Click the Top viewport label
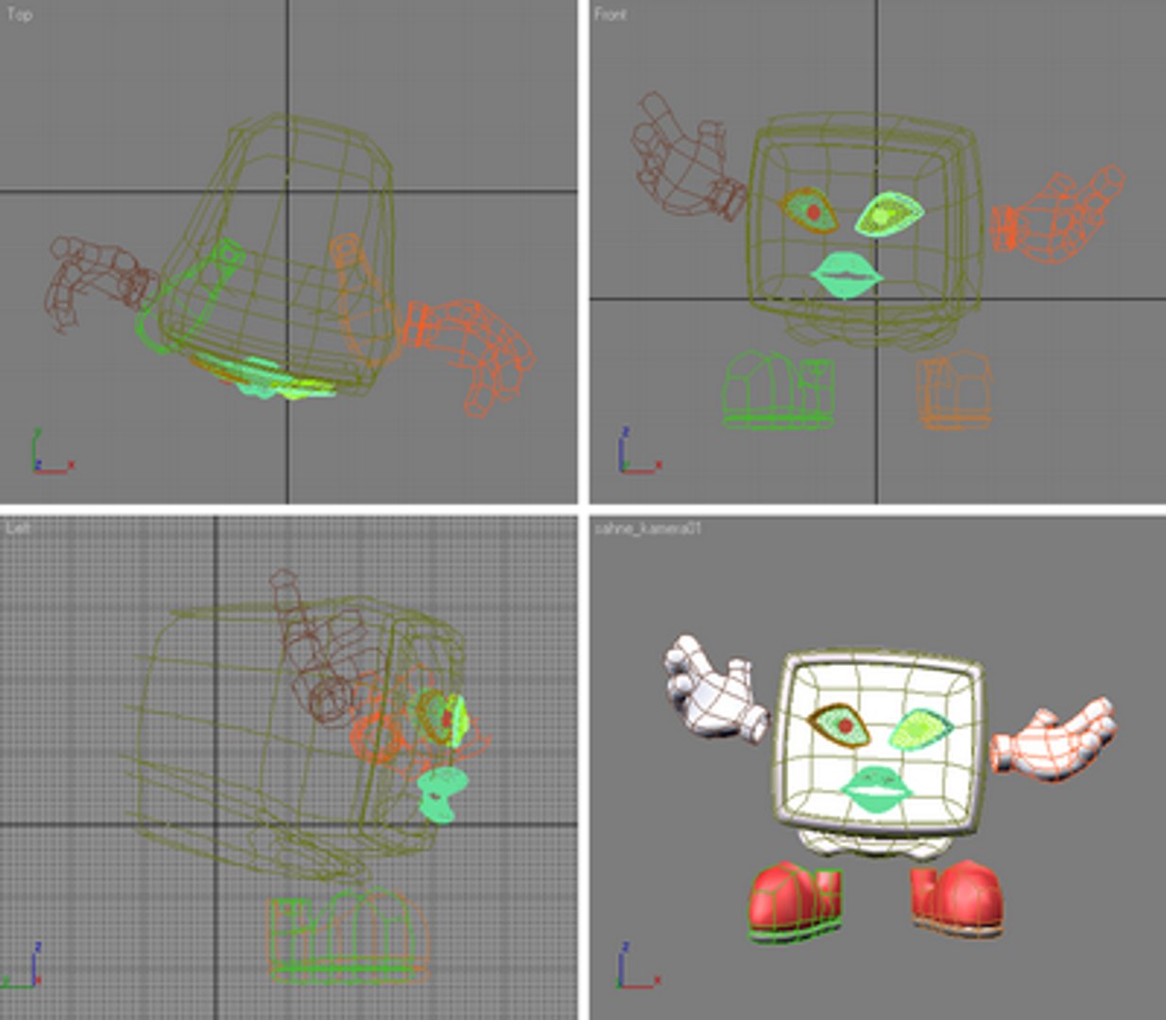(19, 14)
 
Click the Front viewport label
(610, 14)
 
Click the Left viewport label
(18, 527)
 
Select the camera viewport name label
(647, 529)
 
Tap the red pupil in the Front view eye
(814, 212)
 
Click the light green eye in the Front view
(888, 214)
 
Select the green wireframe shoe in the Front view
(779, 392)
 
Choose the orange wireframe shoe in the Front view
(954, 390)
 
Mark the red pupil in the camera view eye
(846, 725)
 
